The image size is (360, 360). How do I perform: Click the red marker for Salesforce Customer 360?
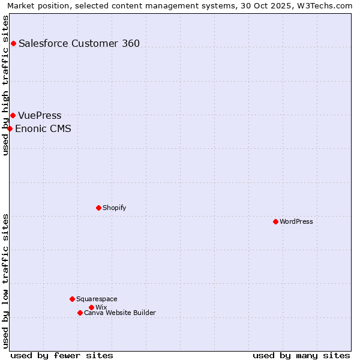click(x=13, y=43)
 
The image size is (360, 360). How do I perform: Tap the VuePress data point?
click(x=13, y=115)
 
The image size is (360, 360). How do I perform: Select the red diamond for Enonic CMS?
click(x=10, y=128)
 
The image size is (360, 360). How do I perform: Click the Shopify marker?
click(x=98, y=208)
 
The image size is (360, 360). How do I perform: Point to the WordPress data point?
click(x=275, y=221)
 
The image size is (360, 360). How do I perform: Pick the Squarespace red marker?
click(x=72, y=299)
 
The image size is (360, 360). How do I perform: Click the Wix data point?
click(x=91, y=307)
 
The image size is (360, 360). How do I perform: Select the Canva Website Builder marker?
click(x=80, y=313)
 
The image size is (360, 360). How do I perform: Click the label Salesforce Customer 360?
click(x=79, y=43)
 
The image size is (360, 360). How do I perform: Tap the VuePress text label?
click(x=40, y=115)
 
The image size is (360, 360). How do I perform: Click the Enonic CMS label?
click(x=43, y=128)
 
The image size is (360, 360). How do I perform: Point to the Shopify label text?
click(x=114, y=208)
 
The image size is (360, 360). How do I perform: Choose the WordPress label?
click(x=296, y=221)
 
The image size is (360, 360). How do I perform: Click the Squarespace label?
click(x=97, y=299)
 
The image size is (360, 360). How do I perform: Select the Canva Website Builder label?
click(x=120, y=313)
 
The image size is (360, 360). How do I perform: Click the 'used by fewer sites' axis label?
click(x=62, y=355)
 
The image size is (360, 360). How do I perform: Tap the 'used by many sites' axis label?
click(x=301, y=355)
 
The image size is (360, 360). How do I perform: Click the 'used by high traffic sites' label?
click(x=5, y=85)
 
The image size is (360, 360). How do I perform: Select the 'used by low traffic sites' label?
click(x=5, y=281)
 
